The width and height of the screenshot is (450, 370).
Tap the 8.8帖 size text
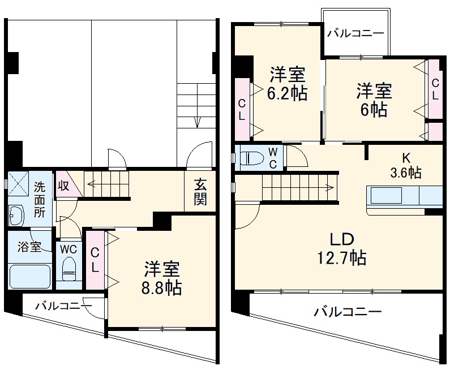click(x=162, y=287)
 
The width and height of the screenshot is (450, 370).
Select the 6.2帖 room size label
click(x=287, y=93)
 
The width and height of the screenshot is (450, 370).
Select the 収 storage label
click(x=64, y=186)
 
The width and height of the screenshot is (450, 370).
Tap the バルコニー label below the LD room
click(x=348, y=311)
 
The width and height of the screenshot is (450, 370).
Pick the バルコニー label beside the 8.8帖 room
click(x=63, y=306)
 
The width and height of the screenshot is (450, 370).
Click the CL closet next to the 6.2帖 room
click(x=242, y=109)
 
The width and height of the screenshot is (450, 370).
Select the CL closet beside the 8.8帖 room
click(x=95, y=260)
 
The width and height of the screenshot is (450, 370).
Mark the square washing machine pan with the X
click(x=18, y=183)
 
